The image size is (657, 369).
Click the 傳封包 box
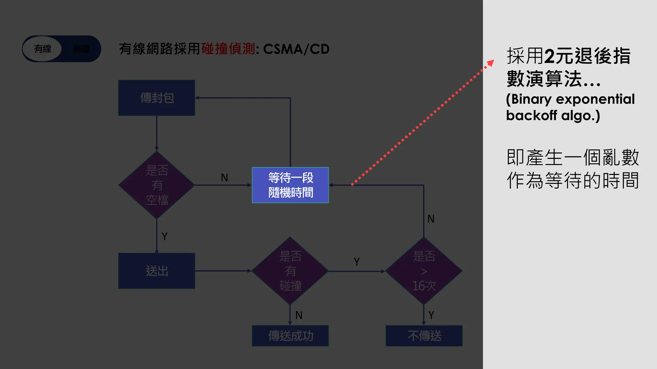coord(157,98)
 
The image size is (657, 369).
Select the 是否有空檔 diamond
coord(157,185)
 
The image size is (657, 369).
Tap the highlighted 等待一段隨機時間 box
coord(290,185)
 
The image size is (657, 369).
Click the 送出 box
coord(157,271)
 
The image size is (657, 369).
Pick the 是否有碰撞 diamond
coord(290,271)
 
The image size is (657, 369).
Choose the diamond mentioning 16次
coord(424,271)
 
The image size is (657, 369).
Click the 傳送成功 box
coord(290,336)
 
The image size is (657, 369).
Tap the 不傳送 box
coord(424,336)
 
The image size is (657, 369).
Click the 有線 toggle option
coord(43,49)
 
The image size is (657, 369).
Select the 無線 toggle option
coord(81,49)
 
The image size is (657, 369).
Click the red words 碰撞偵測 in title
coord(228,49)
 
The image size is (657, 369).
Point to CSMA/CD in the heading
coord(296,49)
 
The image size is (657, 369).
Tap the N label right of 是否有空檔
coord(224,177)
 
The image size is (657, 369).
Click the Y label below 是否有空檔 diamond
coord(165,236)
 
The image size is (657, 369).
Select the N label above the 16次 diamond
coord(431,219)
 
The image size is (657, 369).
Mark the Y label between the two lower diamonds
coord(357,262)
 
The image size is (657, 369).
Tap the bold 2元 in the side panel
coord(559,56)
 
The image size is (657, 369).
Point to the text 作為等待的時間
coord(573,180)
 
